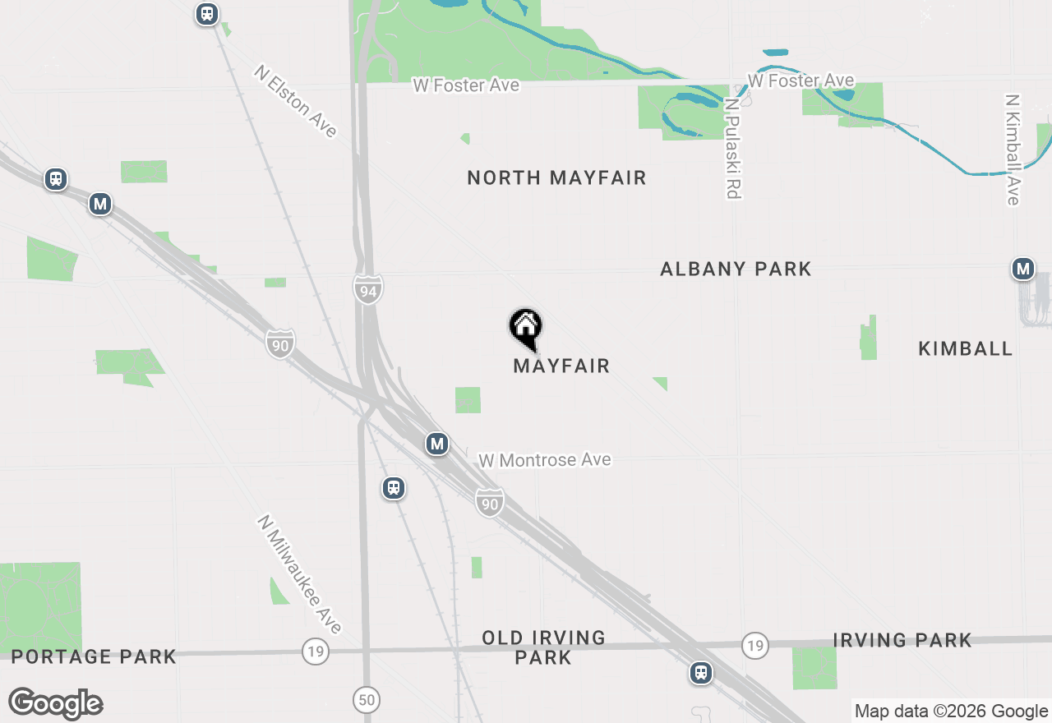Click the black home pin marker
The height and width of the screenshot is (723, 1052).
525,328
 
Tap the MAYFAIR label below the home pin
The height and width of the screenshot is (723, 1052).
561,366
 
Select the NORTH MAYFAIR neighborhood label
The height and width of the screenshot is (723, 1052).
556,177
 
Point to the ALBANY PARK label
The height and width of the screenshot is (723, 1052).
736,269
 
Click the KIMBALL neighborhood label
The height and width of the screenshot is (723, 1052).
965,348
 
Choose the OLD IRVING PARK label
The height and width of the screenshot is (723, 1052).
543,647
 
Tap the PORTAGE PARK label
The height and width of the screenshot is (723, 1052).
94,656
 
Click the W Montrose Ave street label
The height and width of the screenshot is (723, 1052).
545,460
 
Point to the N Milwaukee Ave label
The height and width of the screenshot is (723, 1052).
299,574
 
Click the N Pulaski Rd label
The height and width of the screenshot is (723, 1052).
733,149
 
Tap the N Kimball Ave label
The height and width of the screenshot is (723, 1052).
1012,150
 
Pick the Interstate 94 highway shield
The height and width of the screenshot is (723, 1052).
368,290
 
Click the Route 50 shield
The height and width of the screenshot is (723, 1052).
367,700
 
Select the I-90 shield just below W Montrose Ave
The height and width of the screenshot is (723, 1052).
489,502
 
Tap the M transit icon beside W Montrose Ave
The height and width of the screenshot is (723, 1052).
436,444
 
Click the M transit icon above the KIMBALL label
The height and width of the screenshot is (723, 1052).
1022,269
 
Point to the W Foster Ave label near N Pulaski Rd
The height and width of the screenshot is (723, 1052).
801,81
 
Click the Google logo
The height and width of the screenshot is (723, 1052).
56,703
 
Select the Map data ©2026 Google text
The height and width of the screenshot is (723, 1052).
951,711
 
